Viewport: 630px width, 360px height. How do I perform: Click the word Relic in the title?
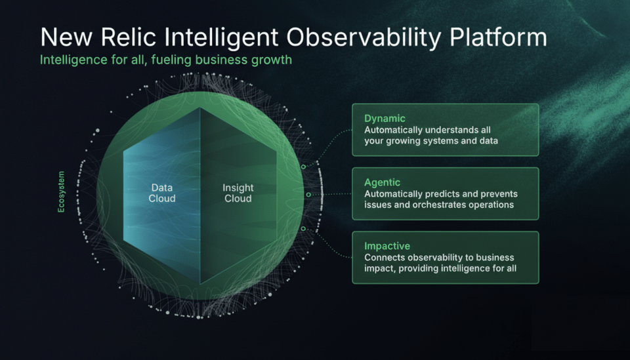(x=128, y=37)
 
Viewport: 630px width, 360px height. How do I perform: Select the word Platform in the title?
(x=498, y=37)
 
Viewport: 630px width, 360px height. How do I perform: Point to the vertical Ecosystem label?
(x=61, y=192)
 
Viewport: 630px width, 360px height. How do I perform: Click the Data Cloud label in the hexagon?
(x=162, y=193)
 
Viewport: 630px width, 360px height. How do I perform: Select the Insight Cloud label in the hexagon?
(x=238, y=193)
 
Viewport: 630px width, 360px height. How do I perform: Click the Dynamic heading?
(x=385, y=119)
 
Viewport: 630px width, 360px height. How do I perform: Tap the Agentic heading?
(x=382, y=182)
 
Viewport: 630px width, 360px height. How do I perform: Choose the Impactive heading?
(x=387, y=246)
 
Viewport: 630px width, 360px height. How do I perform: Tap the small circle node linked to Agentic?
(x=308, y=195)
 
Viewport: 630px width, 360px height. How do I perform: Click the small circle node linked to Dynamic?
(x=303, y=167)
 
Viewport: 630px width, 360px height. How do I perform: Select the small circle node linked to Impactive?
(x=303, y=229)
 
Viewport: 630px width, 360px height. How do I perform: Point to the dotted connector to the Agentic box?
(x=331, y=194)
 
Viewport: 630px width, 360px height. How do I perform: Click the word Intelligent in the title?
(x=221, y=38)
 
